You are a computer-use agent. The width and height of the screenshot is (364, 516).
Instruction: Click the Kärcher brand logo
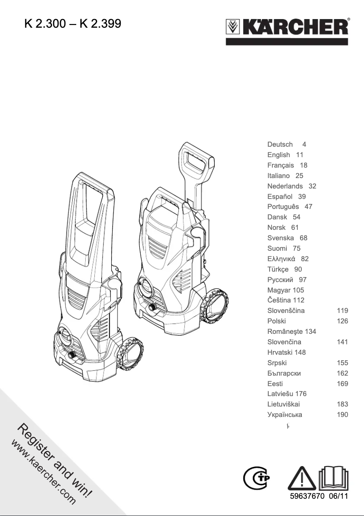tap(287, 28)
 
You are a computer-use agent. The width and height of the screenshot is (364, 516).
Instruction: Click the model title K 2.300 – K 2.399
tap(73, 23)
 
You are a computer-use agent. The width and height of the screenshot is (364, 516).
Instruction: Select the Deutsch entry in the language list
tap(280, 144)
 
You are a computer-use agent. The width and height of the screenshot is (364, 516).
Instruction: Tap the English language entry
tap(279, 155)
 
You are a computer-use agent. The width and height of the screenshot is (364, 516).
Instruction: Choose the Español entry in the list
tap(280, 197)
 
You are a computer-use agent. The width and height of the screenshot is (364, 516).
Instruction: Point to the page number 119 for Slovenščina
tap(343, 311)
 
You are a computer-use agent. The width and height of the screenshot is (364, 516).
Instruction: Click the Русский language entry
tap(280, 280)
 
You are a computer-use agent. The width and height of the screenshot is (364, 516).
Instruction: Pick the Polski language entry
tap(277, 321)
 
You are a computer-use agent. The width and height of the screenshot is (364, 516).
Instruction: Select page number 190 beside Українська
tap(343, 415)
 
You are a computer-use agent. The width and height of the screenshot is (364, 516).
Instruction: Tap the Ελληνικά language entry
tap(281, 259)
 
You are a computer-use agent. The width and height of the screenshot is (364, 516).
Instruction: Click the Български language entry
tap(284, 373)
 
